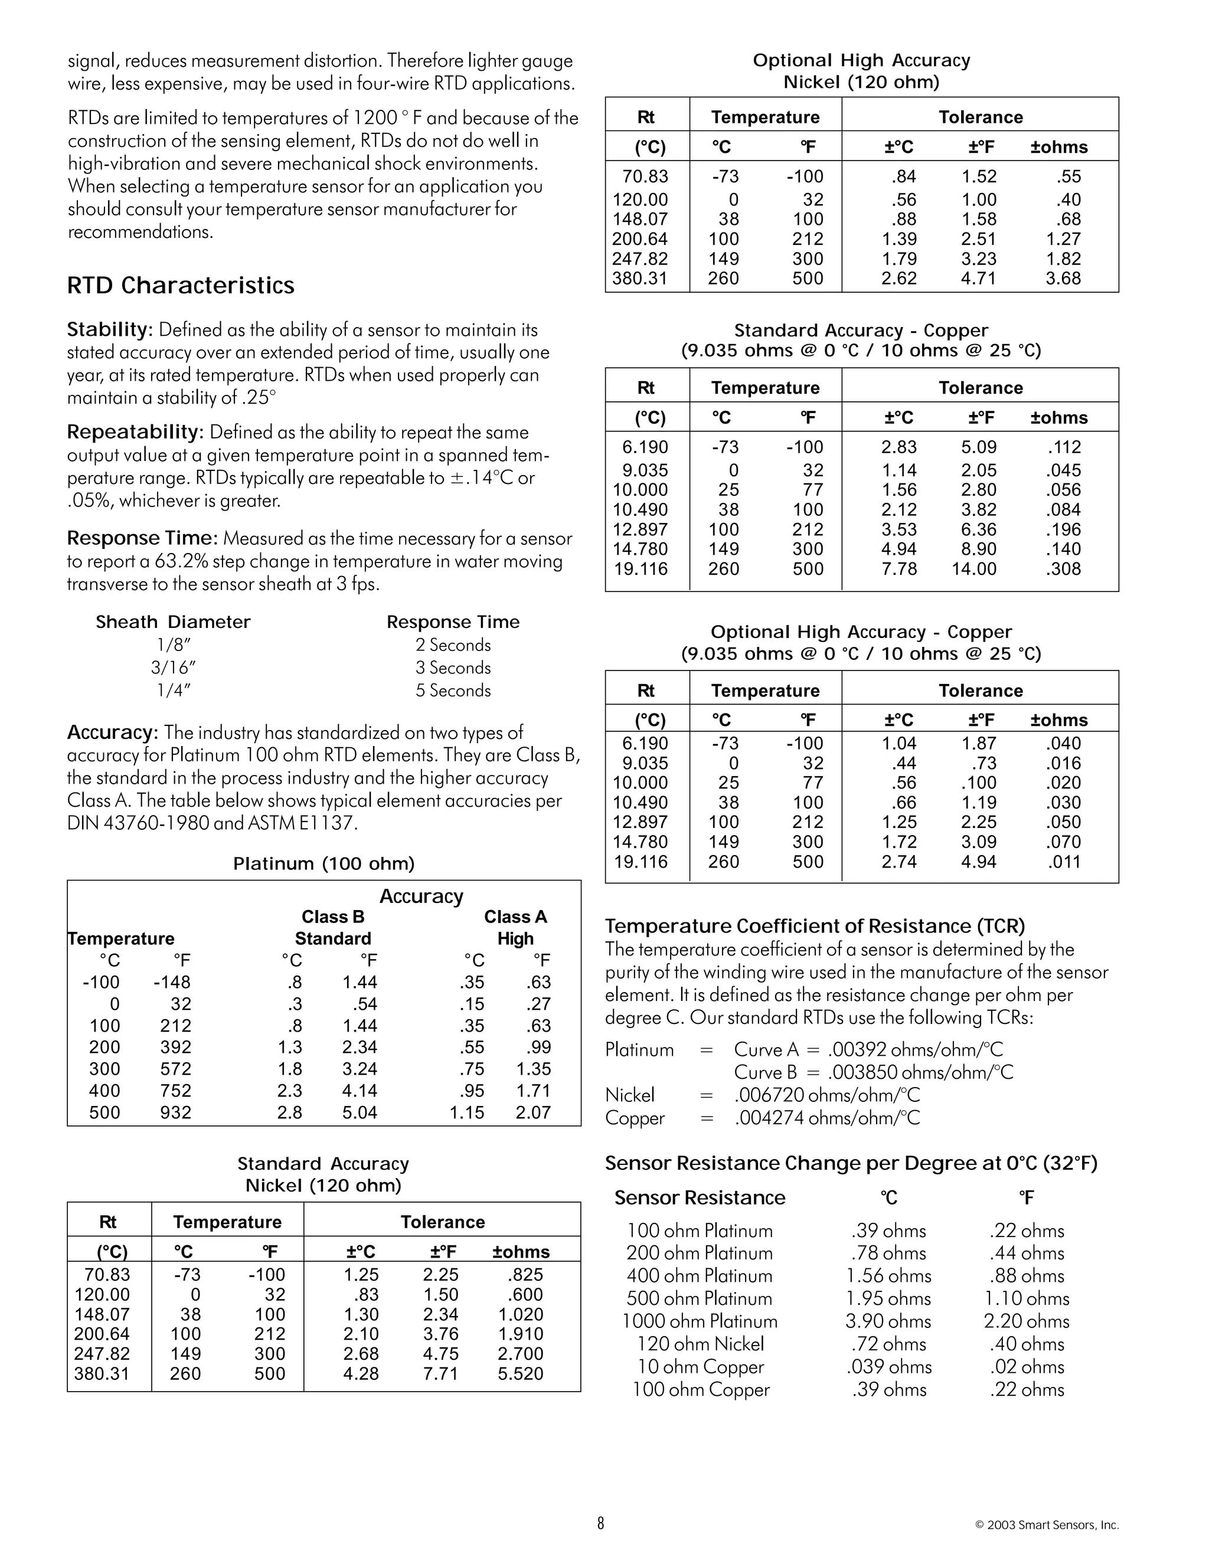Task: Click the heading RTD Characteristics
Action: [x=181, y=286]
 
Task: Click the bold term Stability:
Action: [x=110, y=329]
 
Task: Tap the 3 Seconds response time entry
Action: [x=453, y=668]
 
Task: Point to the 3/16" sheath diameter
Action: [x=172, y=668]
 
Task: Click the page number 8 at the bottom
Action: [x=600, y=1523]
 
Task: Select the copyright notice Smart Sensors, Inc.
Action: [x=1047, y=1525]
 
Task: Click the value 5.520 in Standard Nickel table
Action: [x=520, y=1373]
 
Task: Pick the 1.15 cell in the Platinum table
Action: [x=466, y=1112]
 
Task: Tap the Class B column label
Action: [x=332, y=917]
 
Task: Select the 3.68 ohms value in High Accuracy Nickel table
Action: [x=1062, y=279]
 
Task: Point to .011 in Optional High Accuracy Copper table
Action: [x=1064, y=862]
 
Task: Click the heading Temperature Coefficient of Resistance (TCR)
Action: [x=814, y=926]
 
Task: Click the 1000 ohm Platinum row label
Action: [x=699, y=1321]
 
